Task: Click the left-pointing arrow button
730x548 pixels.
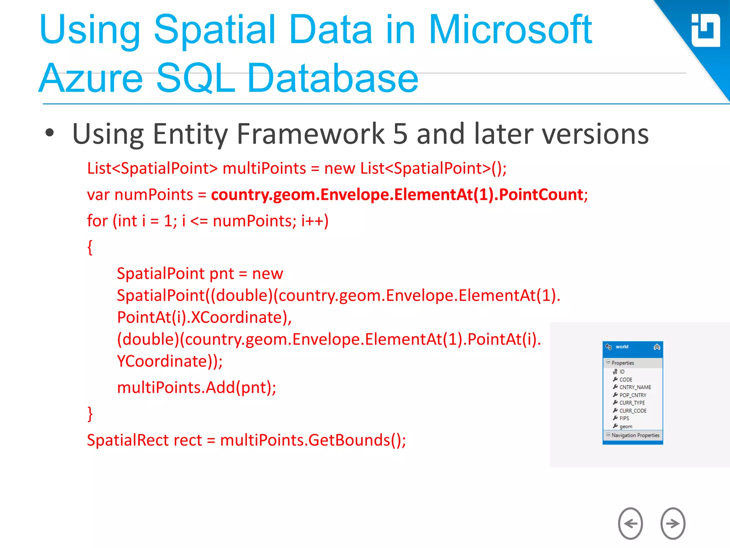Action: [630, 523]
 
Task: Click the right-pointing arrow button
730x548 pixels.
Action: [673, 523]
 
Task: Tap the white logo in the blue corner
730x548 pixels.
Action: [705, 31]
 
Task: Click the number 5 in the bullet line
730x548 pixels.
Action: [400, 134]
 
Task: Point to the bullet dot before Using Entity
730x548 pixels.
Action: [50, 133]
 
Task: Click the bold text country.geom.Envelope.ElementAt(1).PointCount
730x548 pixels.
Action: [397, 195]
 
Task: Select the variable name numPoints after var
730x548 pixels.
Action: [154, 195]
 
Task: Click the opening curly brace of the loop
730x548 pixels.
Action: [90, 247]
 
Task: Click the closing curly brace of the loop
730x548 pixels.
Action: [90, 414]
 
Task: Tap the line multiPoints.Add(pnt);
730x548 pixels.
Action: [196, 387]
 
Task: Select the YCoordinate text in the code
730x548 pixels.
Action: [162, 361]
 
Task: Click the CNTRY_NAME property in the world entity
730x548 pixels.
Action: [635, 387]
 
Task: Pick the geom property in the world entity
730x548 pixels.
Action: [626, 426]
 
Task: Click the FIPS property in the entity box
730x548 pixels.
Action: [624, 418]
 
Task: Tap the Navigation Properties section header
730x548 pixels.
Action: [635, 435]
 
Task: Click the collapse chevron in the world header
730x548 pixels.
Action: [657, 347]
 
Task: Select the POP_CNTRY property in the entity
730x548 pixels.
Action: [633, 395]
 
